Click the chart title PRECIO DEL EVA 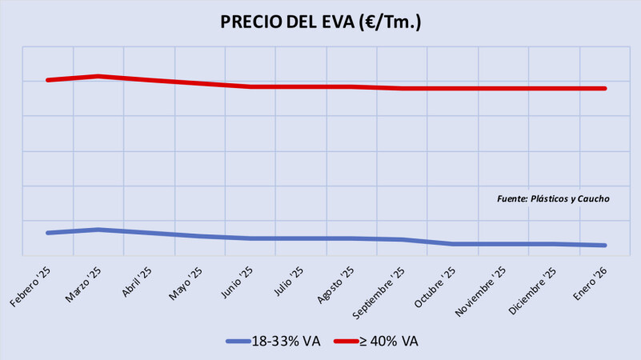[x=320, y=22]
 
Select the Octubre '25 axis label [x=435, y=286]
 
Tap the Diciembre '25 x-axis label [x=534, y=289]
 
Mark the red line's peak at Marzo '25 [x=98, y=76]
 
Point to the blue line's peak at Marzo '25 [x=98, y=230]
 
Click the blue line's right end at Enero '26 [x=605, y=245]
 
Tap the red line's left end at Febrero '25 [x=48, y=80]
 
